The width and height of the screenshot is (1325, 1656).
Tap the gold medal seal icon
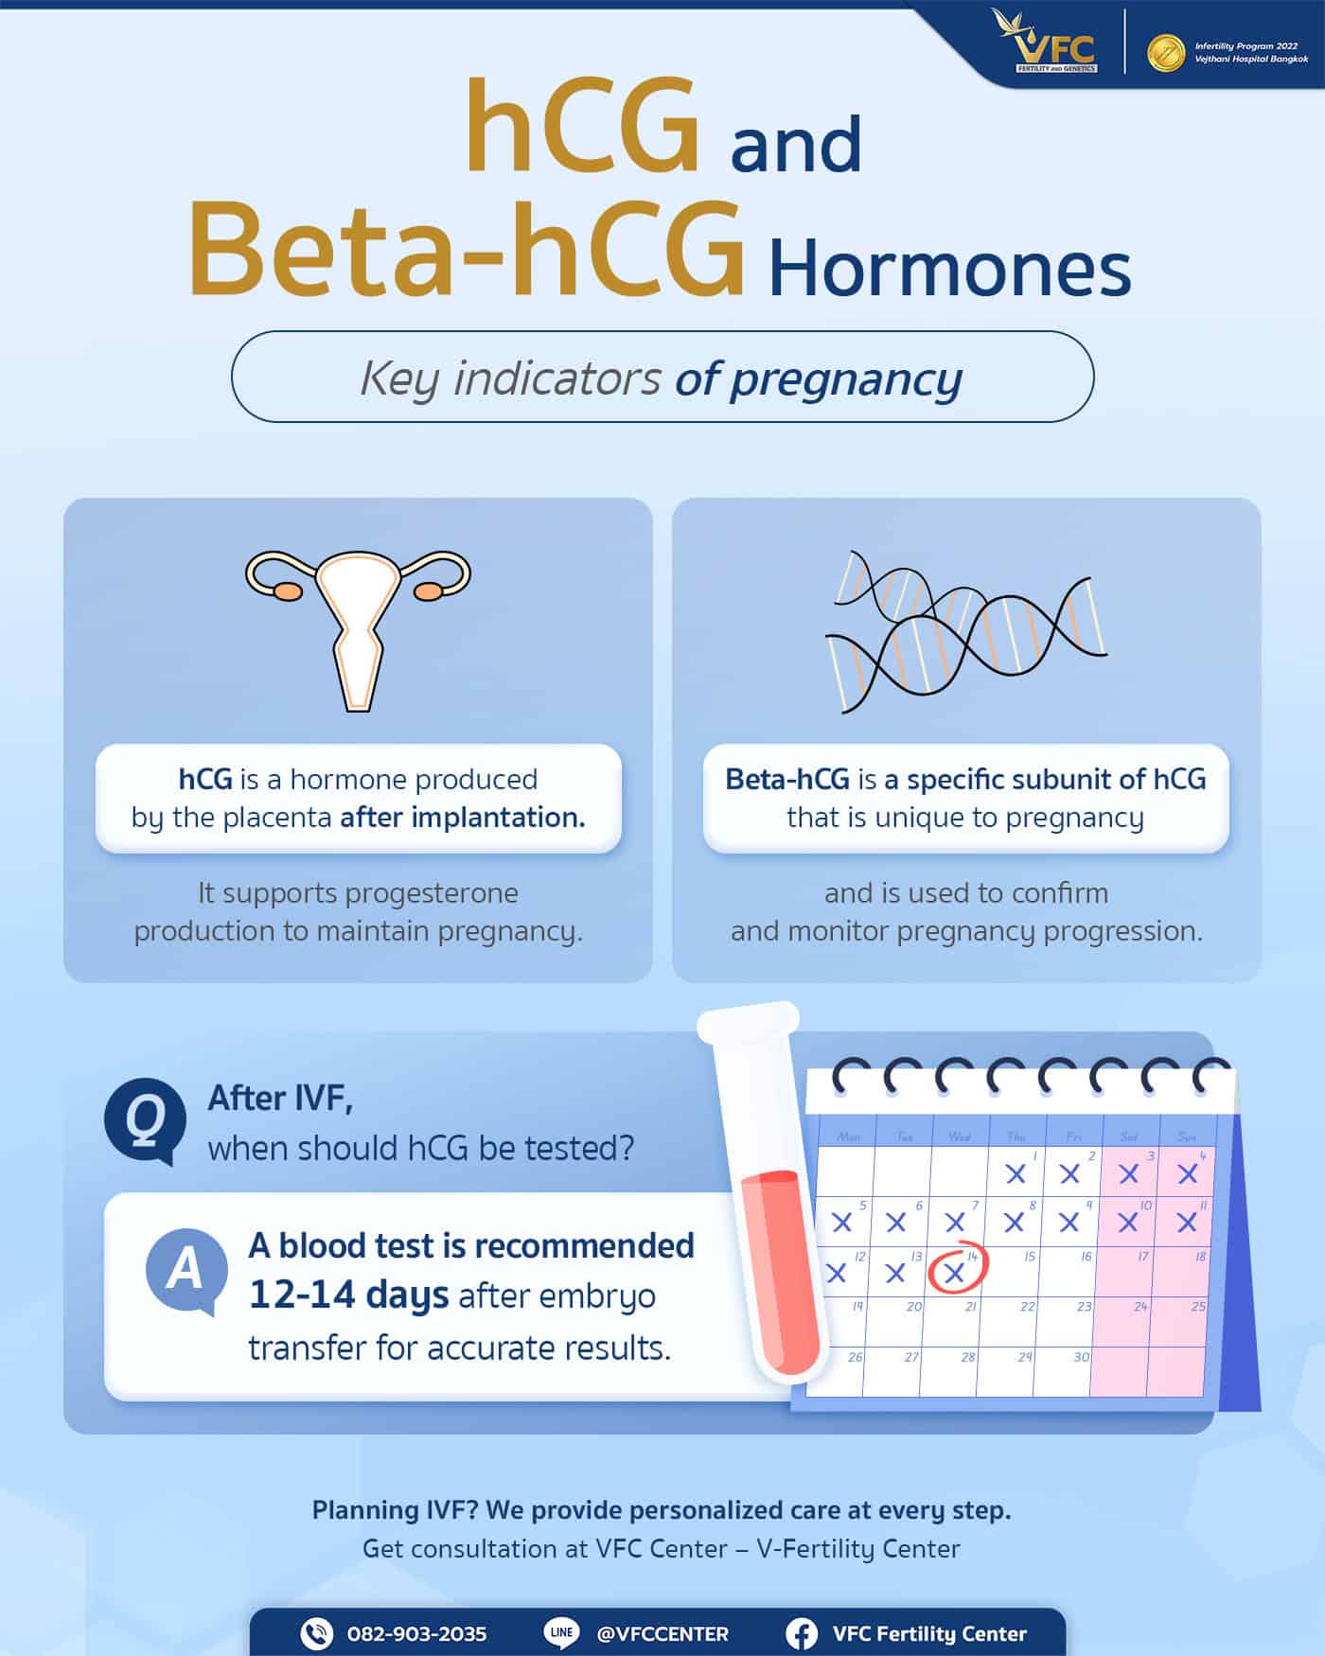[x=1165, y=53]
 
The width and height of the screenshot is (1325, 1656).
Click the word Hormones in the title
[x=949, y=270]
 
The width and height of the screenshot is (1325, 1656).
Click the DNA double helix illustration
[x=965, y=629]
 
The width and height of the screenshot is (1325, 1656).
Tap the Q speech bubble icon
[x=144, y=1120]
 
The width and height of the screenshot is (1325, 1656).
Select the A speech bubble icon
[x=186, y=1270]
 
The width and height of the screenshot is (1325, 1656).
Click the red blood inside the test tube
[x=779, y=1268]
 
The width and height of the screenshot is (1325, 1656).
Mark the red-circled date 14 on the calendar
[x=956, y=1269]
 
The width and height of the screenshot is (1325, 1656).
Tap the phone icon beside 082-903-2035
[x=316, y=1633]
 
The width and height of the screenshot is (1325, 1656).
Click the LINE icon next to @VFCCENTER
[x=561, y=1632]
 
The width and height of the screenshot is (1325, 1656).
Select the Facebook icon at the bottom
[x=802, y=1633]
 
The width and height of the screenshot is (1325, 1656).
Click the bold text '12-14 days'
[x=347, y=1295]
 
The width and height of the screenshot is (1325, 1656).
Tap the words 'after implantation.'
[x=463, y=818]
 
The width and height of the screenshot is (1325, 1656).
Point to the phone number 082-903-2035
[x=416, y=1634]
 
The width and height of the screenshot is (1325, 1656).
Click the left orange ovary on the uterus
[x=288, y=591]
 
